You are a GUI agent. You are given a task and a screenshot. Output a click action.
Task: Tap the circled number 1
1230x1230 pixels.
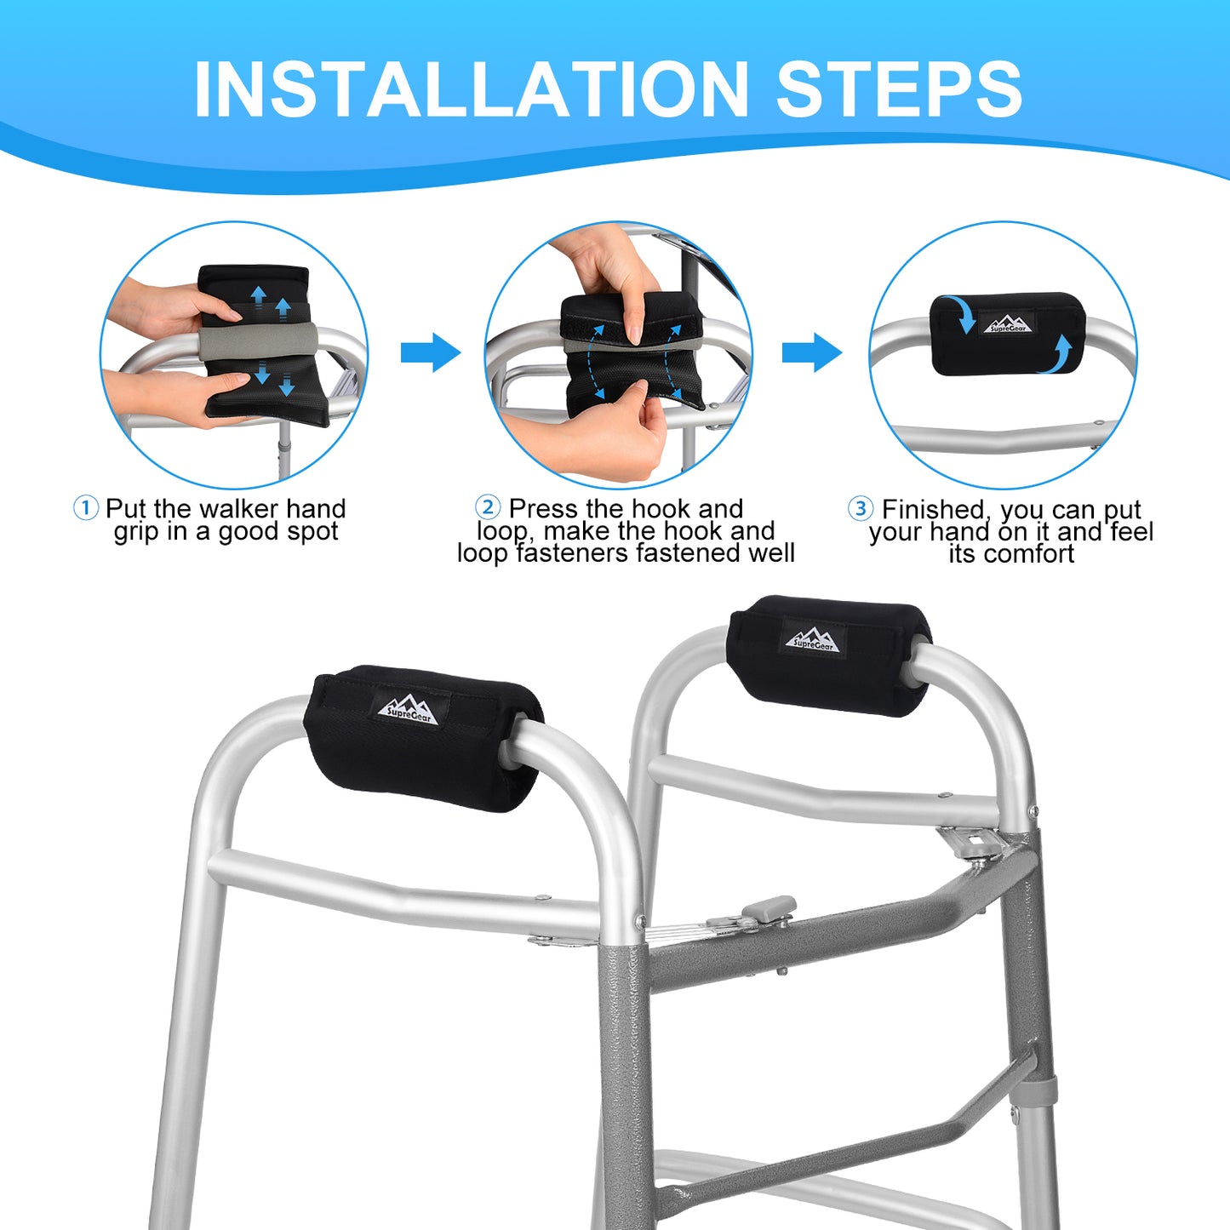coord(86,509)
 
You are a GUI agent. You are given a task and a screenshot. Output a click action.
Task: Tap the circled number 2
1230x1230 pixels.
coord(488,508)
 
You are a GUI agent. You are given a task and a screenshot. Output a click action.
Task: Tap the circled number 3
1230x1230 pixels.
coord(860,509)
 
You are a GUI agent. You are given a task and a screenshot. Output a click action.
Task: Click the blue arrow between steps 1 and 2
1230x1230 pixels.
coord(430,352)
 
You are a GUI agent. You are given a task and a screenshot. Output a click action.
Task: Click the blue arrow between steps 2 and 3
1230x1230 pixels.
coord(812,352)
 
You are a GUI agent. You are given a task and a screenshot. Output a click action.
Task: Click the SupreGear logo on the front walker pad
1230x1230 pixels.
coord(412,708)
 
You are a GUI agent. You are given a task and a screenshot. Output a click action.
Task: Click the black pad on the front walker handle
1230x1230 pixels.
coord(422,738)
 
